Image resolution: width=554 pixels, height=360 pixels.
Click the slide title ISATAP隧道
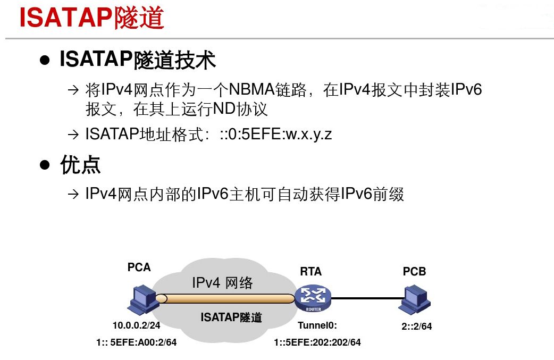tap(91, 18)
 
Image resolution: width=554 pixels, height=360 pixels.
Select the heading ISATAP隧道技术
tap(137, 60)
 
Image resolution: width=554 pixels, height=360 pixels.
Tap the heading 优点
tap(80, 165)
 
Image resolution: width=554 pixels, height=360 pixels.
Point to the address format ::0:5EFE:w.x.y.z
tap(276, 134)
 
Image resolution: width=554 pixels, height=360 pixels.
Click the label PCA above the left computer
tap(139, 267)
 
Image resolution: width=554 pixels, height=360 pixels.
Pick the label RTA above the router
tap(310, 271)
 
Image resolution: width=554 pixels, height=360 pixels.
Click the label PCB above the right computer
tap(414, 271)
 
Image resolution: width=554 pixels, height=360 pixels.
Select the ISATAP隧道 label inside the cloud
tap(231, 317)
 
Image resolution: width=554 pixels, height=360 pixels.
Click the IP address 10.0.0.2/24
tap(137, 325)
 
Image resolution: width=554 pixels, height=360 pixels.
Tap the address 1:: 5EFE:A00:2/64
tap(136, 342)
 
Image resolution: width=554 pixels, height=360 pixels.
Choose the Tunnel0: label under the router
tap(317, 325)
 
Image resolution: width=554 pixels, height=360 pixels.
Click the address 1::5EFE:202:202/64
tap(317, 342)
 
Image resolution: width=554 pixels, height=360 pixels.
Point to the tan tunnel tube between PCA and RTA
tap(223, 299)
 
